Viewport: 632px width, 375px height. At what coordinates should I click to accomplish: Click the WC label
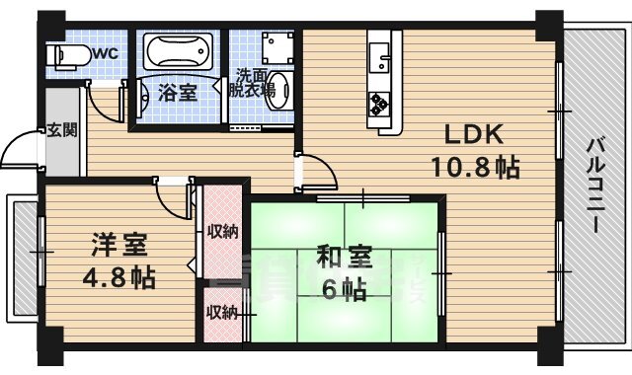(106, 53)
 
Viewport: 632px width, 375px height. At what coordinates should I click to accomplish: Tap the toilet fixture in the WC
(69, 54)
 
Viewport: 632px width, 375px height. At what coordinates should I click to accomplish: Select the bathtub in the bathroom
(180, 50)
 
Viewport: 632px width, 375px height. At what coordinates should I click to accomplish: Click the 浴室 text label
(178, 94)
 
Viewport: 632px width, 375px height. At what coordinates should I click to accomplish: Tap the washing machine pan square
(278, 48)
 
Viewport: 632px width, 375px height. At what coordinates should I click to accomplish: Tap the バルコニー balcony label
(595, 185)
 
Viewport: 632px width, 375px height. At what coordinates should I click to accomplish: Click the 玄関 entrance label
(56, 130)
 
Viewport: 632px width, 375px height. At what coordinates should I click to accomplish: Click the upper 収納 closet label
(221, 232)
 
